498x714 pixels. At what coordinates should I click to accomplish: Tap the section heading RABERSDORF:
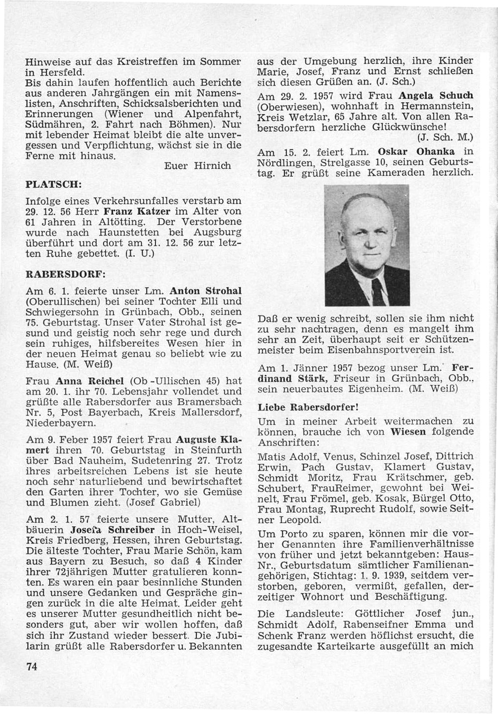coord(65,274)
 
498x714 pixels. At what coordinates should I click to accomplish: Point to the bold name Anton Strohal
coord(206,291)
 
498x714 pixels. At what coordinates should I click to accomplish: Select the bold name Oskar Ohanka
coord(418,151)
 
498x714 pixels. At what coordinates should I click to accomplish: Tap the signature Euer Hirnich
coord(197,166)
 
